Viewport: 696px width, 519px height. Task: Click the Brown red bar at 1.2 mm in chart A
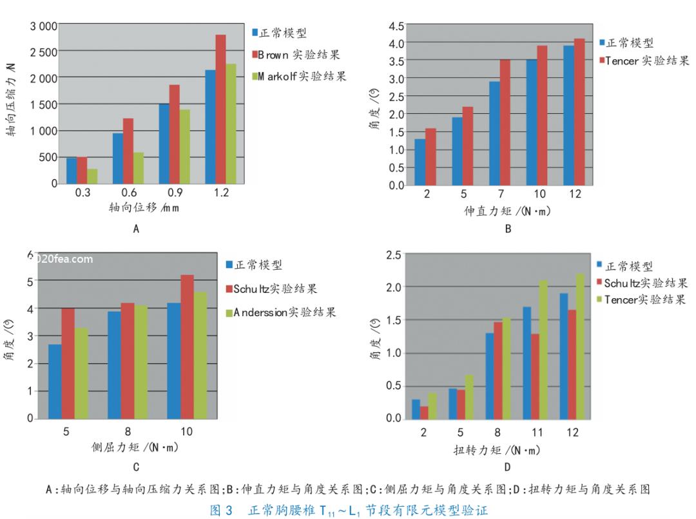220,109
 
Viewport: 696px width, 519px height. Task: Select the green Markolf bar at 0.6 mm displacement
138,168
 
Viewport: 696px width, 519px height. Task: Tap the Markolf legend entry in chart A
298,77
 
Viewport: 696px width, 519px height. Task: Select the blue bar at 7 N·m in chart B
495,133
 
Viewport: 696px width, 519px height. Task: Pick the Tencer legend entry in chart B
644,61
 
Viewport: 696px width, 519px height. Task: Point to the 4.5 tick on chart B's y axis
396,26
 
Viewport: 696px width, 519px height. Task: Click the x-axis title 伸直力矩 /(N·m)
508,211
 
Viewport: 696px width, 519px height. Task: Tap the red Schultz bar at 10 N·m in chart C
187,346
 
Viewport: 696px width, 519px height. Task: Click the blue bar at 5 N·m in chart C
55,381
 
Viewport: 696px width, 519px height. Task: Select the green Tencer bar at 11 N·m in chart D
543,350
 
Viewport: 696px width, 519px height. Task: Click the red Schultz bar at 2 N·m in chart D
423,412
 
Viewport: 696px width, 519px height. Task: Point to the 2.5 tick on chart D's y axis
392,255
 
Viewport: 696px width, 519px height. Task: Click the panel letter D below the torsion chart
508,467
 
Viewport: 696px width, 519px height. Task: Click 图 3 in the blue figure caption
222,511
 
